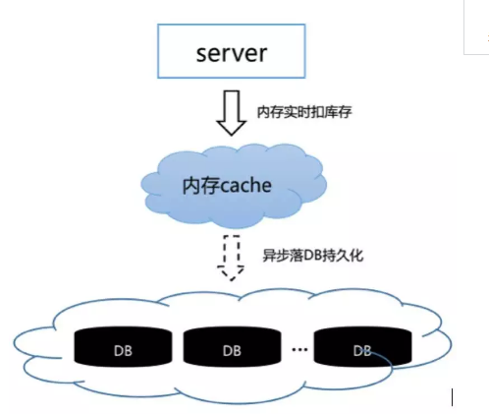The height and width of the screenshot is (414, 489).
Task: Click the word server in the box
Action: click(x=232, y=53)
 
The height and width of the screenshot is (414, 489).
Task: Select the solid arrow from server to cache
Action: click(x=232, y=113)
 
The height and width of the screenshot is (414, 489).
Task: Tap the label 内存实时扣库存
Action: click(x=304, y=112)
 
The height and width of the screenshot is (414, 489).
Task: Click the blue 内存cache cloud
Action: click(x=234, y=186)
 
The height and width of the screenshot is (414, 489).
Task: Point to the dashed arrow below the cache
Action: click(x=231, y=258)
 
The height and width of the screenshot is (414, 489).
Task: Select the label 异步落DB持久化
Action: click(x=313, y=256)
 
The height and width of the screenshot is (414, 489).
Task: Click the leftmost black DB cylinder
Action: click(x=123, y=346)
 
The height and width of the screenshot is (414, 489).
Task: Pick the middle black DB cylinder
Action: click(x=232, y=346)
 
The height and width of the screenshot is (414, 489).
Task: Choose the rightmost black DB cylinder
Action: click(x=362, y=346)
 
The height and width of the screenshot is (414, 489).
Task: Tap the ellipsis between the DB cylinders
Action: click(x=299, y=349)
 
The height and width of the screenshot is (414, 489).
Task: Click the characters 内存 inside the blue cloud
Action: click(x=195, y=186)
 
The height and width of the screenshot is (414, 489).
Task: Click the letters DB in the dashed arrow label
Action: click(x=312, y=256)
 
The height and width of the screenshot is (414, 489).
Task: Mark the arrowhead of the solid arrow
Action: click(x=232, y=128)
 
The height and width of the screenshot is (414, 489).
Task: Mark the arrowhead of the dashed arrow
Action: click(x=231, y=273)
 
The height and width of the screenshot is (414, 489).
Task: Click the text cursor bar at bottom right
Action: click(x=453, y=397)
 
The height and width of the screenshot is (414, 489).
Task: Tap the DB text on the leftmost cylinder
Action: click(x=123, y=351)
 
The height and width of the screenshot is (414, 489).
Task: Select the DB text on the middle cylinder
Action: click(x=232, y=351)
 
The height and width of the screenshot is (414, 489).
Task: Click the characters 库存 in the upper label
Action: click(x=339, y=112)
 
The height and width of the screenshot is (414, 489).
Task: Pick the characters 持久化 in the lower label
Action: click(x=343, y=256)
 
